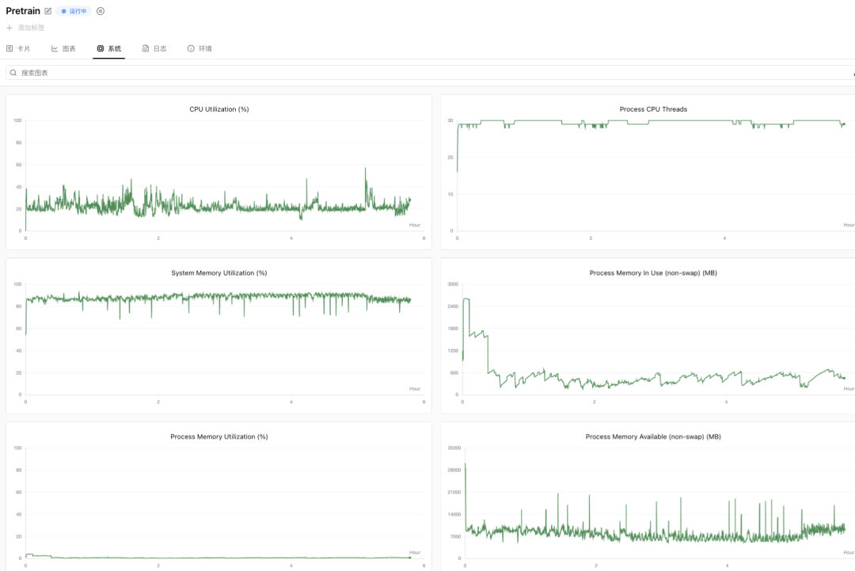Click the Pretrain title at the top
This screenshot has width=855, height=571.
[23, 11]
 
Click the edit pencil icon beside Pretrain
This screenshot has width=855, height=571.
[48, 11]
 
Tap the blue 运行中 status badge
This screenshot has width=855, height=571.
[74, 11]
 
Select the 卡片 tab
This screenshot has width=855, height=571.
[18, 48]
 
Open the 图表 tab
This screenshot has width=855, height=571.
[63, 48]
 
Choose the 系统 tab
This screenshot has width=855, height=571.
[109, 48]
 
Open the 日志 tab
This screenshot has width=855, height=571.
[154, 48]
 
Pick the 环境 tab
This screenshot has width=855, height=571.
[199, 48]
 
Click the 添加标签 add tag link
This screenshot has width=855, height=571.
[25, 28]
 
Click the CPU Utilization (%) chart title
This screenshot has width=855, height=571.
[219, 109]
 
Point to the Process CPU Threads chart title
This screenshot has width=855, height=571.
[653, 109]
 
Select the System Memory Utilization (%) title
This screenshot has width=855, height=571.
[219, 272]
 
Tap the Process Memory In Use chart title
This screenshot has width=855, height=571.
[653, 272]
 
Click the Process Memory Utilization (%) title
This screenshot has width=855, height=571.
[219, 436]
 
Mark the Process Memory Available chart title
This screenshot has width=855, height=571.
[653, 436]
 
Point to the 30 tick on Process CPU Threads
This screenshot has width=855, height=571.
[450, 120]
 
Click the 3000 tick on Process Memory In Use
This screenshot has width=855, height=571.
[453, 284]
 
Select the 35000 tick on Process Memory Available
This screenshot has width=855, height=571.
[454, 447]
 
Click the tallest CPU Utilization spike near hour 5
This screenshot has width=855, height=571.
[365, 169]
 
